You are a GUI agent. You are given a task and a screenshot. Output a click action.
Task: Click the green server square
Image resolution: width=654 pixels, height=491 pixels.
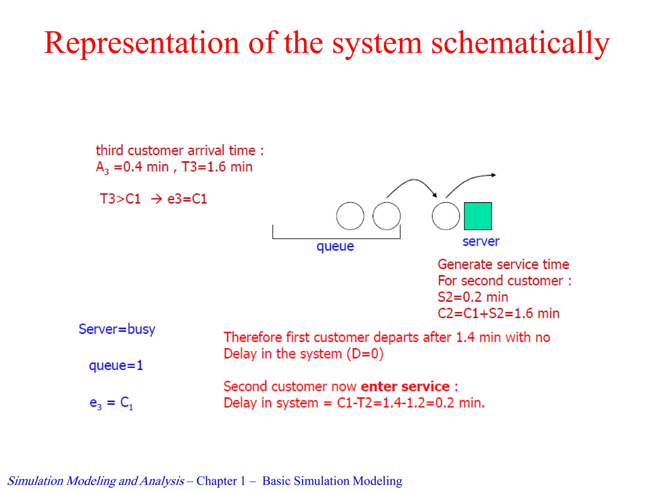pos(478,216)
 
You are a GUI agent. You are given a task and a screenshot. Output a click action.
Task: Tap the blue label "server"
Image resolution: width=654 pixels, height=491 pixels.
pos(481,241)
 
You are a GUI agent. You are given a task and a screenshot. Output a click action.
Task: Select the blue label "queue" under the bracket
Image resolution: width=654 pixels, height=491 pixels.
pos(335,246)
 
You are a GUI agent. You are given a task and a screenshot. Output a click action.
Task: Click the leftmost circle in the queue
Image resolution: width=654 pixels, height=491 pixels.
pos(350,216)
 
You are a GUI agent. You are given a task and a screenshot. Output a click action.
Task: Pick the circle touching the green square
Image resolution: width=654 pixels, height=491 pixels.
pos(446,216)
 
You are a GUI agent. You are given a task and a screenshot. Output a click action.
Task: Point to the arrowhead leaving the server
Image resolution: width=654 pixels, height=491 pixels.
pos(493,175)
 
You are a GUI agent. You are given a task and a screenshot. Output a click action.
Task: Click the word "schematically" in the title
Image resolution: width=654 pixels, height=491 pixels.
pos(521,43)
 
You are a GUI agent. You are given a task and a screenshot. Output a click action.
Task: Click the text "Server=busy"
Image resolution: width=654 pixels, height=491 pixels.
pos(117,329)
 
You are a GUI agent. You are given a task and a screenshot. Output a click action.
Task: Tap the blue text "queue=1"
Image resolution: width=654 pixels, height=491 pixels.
pos(116,365)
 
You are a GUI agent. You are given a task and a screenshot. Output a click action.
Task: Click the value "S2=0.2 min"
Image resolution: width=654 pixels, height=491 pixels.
pos(473,297)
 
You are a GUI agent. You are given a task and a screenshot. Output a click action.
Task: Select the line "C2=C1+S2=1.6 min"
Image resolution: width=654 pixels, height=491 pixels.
pos(498,314)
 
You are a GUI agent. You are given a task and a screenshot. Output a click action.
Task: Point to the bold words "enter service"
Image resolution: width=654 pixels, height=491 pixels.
pos(405,386)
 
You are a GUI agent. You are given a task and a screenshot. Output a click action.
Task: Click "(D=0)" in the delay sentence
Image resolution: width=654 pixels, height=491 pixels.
pos(365,354)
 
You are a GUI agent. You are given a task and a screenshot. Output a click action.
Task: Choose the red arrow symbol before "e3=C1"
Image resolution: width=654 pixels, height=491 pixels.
pos(156,199)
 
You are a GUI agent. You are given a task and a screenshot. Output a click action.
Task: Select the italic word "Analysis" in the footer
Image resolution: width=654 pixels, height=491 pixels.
pos(162,481)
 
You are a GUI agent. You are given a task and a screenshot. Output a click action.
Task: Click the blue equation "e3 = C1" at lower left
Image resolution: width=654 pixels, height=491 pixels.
pos(111,403)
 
